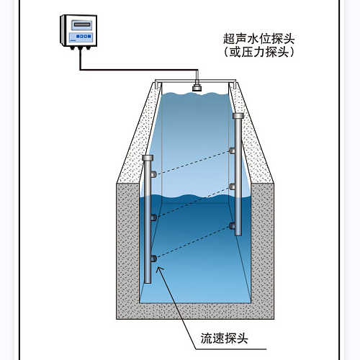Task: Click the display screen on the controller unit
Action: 82,24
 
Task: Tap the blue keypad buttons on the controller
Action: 84,37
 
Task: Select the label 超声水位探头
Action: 259,39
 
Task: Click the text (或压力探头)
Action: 259,52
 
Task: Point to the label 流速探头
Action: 224,338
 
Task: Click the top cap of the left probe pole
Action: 148,158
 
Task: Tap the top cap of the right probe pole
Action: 238,116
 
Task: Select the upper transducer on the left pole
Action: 153,174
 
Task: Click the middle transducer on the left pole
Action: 153,217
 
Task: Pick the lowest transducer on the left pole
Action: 153,258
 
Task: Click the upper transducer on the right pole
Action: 232,150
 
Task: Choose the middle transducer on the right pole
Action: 232,186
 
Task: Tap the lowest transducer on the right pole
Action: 232,226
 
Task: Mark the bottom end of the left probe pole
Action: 148,282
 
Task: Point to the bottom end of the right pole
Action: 238,235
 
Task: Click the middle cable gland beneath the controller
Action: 80,48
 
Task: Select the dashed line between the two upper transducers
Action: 193,163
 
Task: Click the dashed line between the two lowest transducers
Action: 193,242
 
